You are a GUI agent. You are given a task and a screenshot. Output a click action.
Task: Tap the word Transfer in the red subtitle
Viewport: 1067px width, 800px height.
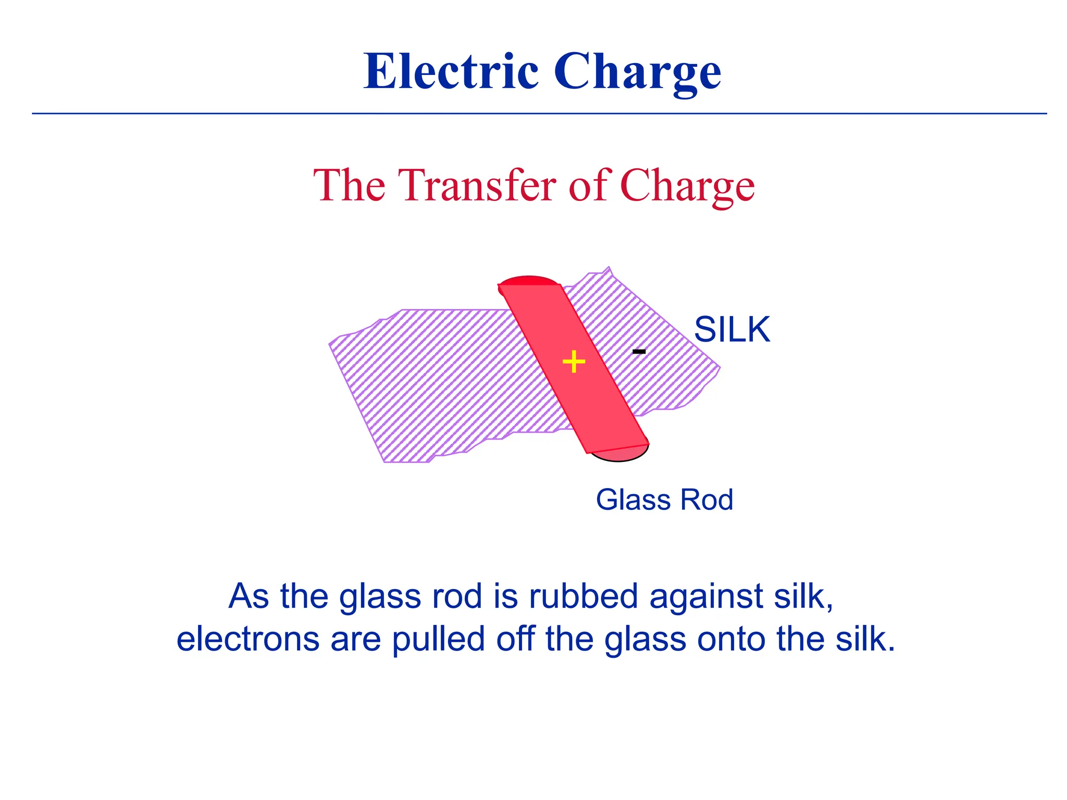tap(478, 185)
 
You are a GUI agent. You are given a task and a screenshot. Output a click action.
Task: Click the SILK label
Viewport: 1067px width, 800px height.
tap(732, 330)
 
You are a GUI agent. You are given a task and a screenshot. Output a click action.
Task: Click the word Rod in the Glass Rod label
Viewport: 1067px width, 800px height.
tap(707, 500)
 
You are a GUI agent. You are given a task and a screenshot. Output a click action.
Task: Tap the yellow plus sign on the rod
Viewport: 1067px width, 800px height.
tap(574, 361)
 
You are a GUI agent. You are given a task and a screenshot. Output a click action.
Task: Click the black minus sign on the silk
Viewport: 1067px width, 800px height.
tap(639, 352)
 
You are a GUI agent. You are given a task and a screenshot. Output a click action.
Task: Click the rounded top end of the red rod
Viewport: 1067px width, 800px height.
tap(528, 281)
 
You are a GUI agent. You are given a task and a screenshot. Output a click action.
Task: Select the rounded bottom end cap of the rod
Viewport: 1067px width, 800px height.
tap(620, 454)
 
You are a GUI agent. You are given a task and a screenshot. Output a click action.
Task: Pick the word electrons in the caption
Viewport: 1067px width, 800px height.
tap(247, 639)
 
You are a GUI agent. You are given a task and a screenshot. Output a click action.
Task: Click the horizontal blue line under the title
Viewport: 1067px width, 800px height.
tap(539, 114)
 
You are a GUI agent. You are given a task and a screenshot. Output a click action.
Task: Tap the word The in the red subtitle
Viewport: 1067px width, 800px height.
tap(349, 185)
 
